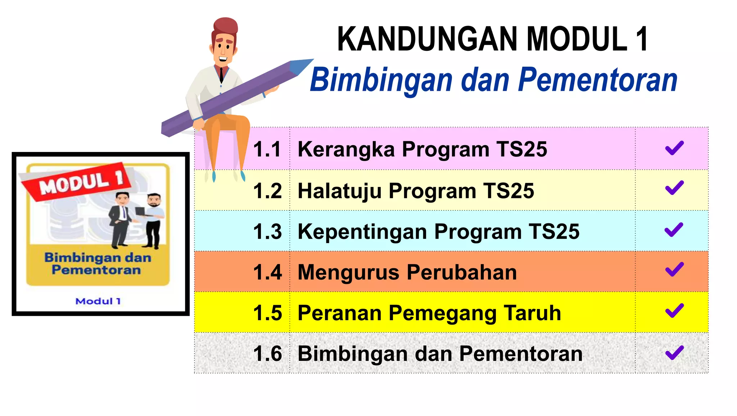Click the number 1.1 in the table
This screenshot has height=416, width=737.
(x=267, y=149)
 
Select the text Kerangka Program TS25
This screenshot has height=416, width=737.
(x=422, y=149)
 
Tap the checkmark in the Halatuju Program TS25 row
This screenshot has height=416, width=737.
(x=674, y=188)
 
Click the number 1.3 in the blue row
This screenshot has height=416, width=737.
(x=267, y=231)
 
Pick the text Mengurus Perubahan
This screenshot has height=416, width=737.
(x=407, y=272)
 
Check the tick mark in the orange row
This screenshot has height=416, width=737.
(x=674, y=270)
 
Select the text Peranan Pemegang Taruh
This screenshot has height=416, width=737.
(x=429, y=313)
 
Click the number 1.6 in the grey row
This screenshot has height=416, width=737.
(x=267, y=353)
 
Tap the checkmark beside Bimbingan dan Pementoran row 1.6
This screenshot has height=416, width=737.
(x=674, y=353)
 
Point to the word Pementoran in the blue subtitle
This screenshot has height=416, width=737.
(x=597, y=80)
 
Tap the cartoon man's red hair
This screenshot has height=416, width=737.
(x=225, y=27)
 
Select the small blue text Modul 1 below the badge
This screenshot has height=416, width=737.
(x=98, y=301)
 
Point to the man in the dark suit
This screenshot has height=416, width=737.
(x=121, y=220)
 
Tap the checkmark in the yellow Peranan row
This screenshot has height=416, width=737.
(x=674, y=310)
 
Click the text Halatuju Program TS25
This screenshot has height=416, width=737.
(x=416, y=191)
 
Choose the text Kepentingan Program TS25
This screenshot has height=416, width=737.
(x=438, y=231)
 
